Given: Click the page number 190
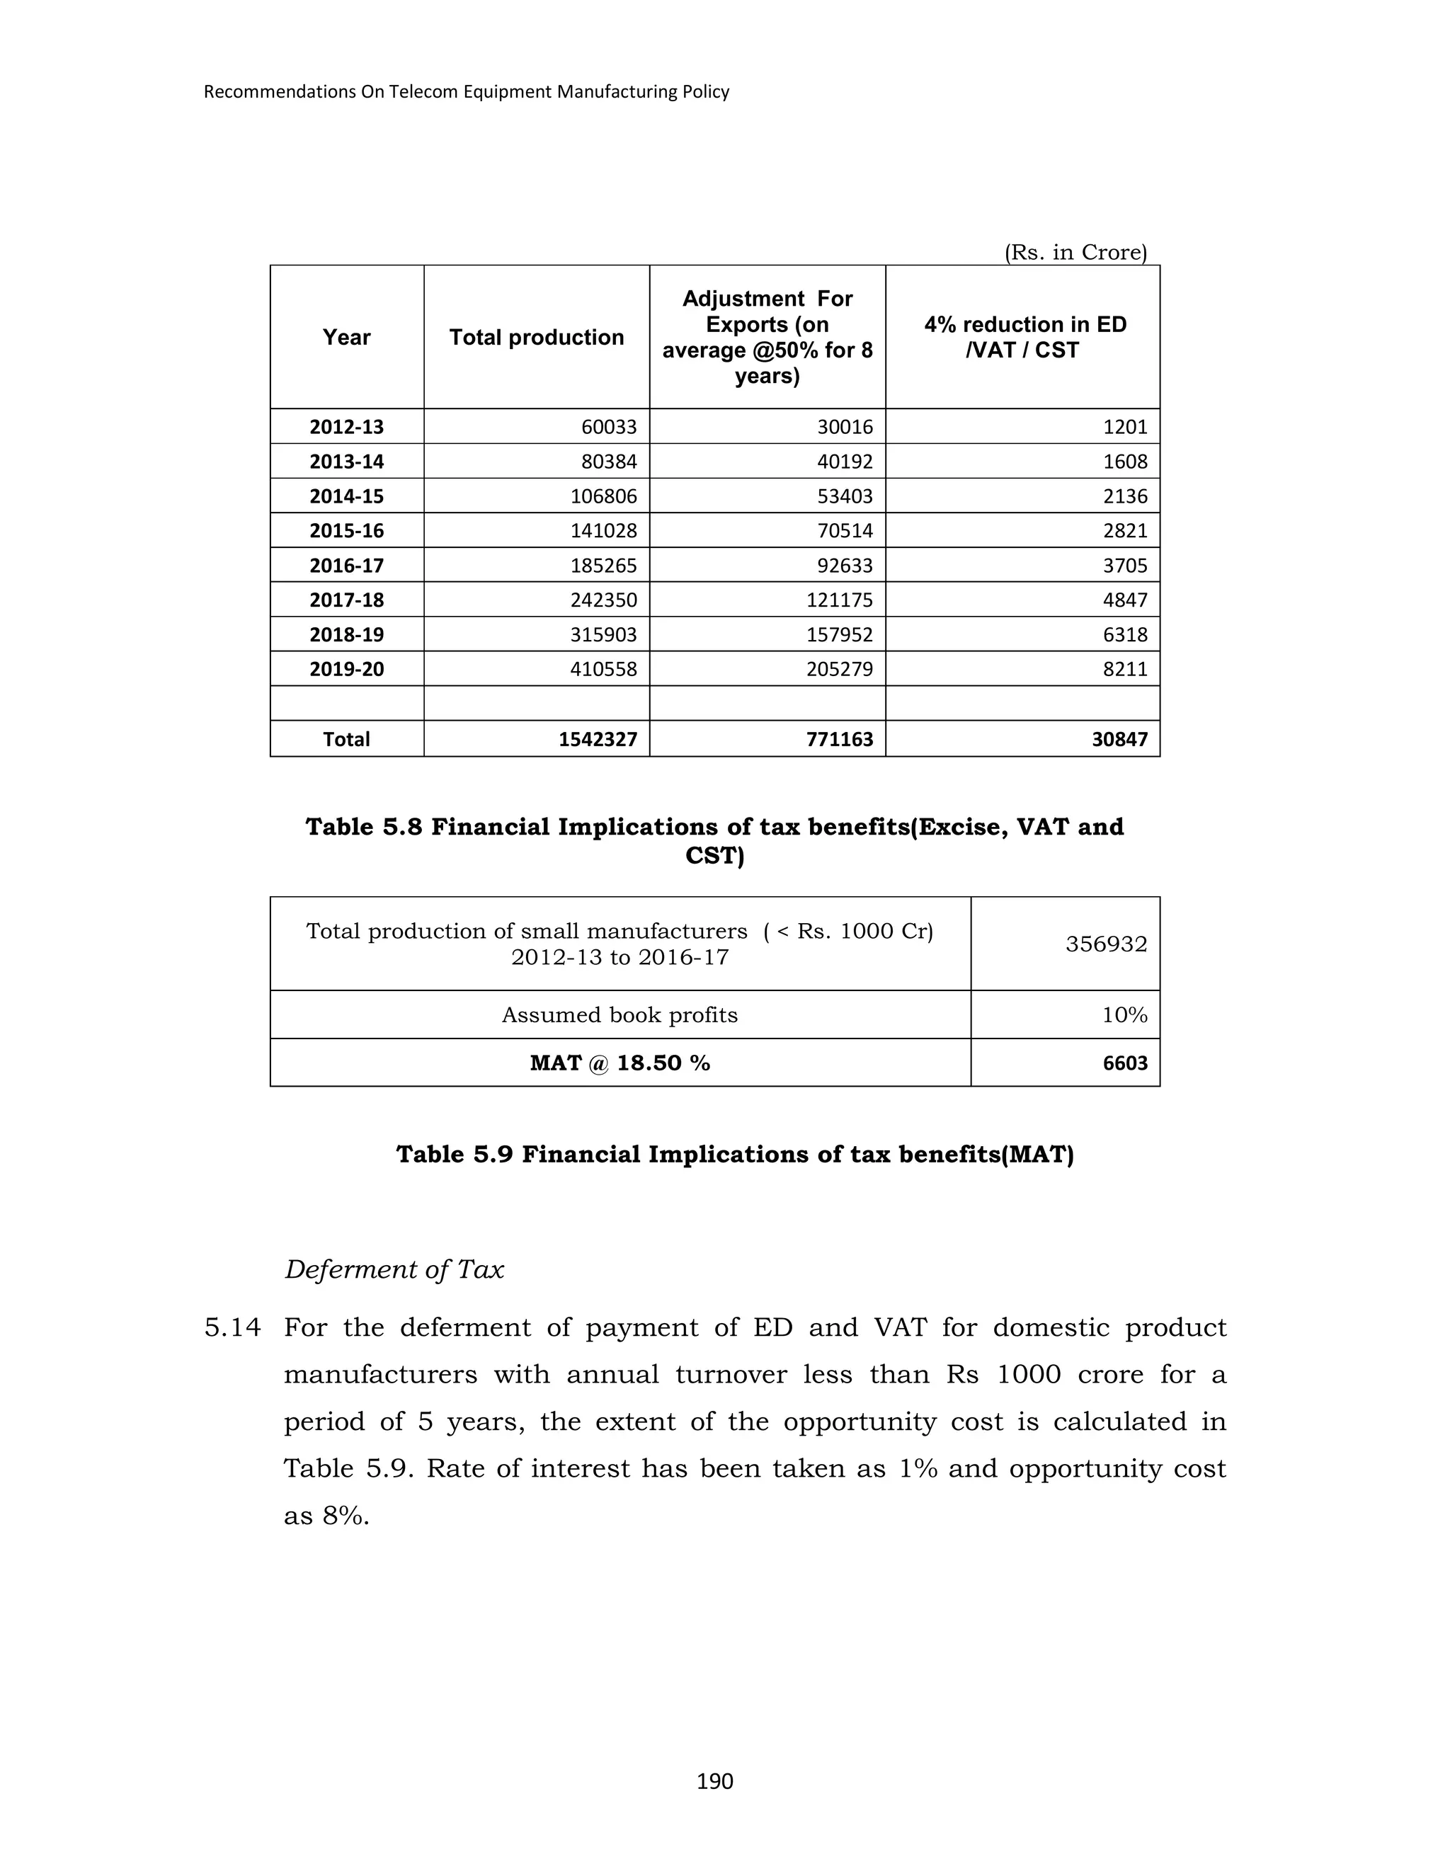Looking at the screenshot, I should pyautogui.click(x=714, y=1782).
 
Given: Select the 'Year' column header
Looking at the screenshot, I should pyautogui.click(x=346, y=338).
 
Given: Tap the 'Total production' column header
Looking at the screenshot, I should pyautogui.click(x=536, y=338).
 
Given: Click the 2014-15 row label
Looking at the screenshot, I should pyautogui.click(x=346, y=496).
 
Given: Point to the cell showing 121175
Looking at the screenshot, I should pyautogui.click(x=839, y=600).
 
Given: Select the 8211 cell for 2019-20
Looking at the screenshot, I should pyautogui.click(x=1124, y=669).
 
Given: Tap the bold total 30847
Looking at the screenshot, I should pyautogui.click(x=1119, y=740).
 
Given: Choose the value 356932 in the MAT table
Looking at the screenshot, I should pyautogui.click(x=1105, y=944).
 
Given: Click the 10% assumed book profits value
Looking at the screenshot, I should pyautogui.click(x=1124, y=1015).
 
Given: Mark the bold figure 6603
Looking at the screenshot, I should pyautogui.click(x=1124, y=1063).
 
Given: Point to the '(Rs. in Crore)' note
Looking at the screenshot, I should pyautogui.click(x=1075, y=253).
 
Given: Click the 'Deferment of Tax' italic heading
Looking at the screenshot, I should pyautogui.click(x=394, y=1269).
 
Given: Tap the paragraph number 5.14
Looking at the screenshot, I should pyautogui.click(x=232, y=1328).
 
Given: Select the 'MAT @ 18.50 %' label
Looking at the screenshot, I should pyautogui.click(x=620, y=1063).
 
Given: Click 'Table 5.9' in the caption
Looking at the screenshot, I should pyautogui.click(x=454, y=1155).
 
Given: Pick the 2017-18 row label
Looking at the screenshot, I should pyautogui.click(x=346, y=600).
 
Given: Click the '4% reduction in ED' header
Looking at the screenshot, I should pyautogui.click(x=1024, y=325).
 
